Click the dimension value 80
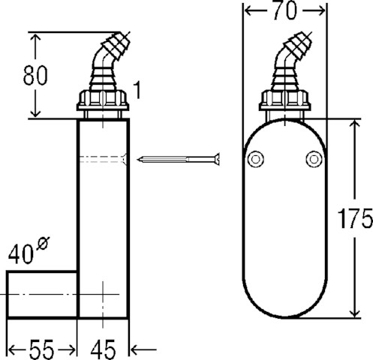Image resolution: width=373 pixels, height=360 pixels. pyautogui.click(x=35, y=75)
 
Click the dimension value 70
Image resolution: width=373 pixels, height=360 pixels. pyautogui.click(x=284, y=11)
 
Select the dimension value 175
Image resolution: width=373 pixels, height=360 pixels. pyautogui.click(x=355, y=218)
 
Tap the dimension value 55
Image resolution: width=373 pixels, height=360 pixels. pyautogui.click(x=41, y=349)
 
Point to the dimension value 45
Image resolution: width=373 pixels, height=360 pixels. pyautogui.click(x=103, y=349)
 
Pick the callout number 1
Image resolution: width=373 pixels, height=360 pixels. pyautogui.click(x=137, y=90)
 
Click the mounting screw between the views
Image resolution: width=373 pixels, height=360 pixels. pyautogui.click(x=179, y=159)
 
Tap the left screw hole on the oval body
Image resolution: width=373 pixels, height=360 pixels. pyautogui.click(x=255, y=159)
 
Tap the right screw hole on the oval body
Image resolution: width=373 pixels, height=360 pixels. pyautogui.click(x=314, y=159)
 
